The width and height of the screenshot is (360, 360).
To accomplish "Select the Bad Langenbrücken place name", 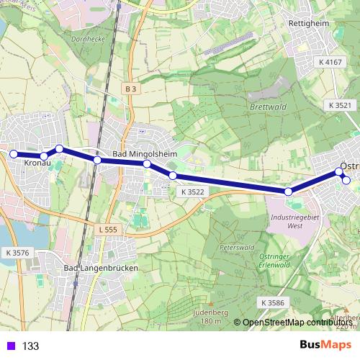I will point(101,268).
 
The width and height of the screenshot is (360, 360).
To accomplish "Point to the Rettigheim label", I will point(308,22).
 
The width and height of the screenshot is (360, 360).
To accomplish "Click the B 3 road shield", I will point(130,89).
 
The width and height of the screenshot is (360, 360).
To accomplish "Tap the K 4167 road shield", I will point(331,63).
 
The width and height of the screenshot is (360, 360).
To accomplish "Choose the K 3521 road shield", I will point(340,105).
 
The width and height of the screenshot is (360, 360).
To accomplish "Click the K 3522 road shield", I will point(193,192).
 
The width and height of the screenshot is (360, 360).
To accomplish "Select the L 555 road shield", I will point(105,229).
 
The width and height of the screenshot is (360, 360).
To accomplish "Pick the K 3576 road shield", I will point(17,253).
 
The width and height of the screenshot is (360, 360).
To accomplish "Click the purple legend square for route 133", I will point(9,346).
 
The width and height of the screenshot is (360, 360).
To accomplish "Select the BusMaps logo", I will point(325,345).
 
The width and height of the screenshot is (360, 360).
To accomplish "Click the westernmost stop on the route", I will point(13,153).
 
